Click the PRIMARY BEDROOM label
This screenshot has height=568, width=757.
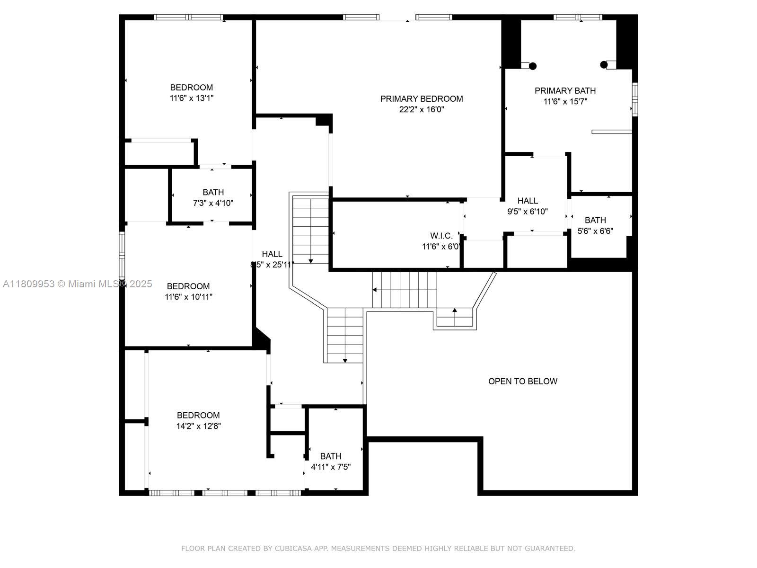click(422, 98)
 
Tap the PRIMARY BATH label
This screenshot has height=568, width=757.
click(565, 91)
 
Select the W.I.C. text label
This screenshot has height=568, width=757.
click(441, 236)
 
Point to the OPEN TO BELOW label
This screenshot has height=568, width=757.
click(522, 381)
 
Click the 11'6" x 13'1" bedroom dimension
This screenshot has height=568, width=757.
click(192, 98)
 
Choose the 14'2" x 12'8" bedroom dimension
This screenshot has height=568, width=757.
click(198, 426)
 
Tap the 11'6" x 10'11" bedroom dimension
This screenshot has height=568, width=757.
click(188, 297)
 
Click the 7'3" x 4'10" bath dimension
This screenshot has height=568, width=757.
click(213, 203)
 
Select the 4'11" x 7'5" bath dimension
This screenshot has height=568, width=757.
click(330, 467)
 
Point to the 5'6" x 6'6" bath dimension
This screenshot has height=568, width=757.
click(595, 231)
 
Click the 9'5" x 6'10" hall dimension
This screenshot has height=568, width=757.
click(528, 212)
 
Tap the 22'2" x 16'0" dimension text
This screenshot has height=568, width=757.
click(422, 109)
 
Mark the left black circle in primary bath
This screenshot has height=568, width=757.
click(533, 66)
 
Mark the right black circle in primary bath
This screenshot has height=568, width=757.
click(604, 64)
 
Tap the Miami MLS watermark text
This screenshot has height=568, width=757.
click(77, 284)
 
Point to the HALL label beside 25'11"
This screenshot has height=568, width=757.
click(272, 254)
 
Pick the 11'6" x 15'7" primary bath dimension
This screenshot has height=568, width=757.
click(565, 101)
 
